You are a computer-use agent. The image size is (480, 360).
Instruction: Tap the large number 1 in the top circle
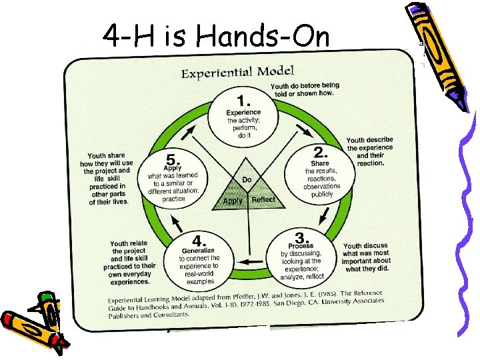(x=244, y=101)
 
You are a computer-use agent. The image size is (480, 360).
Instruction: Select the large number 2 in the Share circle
(x=319, y=152)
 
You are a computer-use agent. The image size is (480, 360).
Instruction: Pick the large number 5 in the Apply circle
(x=173, y=160)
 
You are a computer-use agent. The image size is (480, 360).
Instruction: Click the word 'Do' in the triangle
(x=247, y=180)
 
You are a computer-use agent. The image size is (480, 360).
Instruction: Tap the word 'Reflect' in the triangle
(x=263, y=200)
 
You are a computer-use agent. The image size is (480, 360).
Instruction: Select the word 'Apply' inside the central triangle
(x=232, y=201)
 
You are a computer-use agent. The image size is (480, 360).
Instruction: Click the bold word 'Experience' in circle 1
(x=243, y=112)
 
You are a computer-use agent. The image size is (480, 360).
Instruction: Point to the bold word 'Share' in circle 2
(x=320, y=163)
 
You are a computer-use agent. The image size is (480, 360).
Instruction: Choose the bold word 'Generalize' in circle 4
(x=199, y=251)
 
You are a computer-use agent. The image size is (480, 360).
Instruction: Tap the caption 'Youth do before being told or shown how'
(x=305, y=89)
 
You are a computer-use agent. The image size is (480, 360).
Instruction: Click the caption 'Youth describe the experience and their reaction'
(x=370, y=151)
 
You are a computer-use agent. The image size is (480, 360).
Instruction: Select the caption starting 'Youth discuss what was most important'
(x=367, y=257)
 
